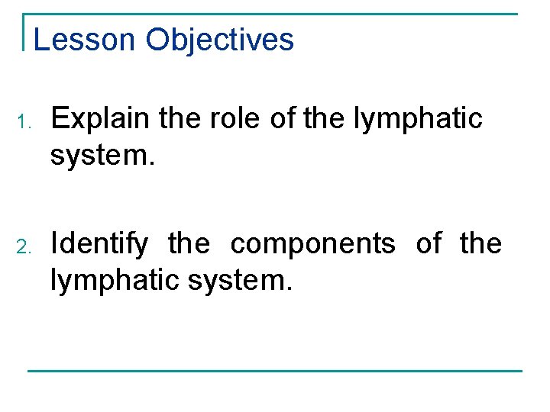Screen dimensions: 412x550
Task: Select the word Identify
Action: point(99,244)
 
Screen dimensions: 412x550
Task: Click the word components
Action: point(313,244)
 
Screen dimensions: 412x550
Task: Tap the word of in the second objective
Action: point(429,244)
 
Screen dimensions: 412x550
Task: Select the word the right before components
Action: point(189,244)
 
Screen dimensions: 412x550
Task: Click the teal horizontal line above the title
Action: point(275,14)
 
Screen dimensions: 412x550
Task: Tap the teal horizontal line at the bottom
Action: point(275,371)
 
